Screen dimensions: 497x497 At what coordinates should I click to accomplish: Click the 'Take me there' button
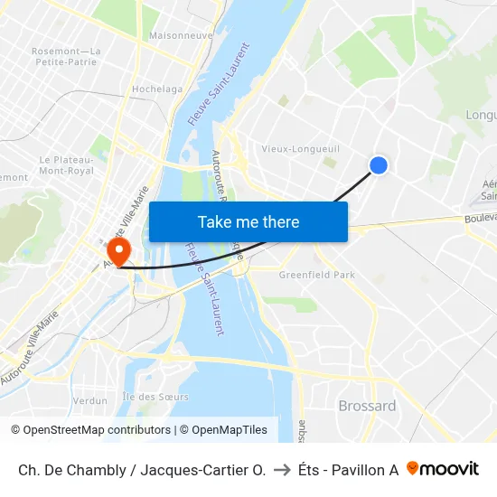248,221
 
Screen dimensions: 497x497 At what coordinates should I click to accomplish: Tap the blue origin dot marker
379,164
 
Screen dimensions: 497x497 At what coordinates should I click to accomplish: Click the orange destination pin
117,249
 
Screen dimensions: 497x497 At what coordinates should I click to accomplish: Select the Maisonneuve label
181,36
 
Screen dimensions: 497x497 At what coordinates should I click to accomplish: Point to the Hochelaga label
157,89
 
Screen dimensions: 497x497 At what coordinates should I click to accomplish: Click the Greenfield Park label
316,275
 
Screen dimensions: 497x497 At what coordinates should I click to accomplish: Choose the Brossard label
367,406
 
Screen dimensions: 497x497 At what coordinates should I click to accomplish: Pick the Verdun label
89,400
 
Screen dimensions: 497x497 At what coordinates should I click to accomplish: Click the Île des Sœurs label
155,397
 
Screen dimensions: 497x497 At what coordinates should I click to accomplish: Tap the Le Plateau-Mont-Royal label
66,164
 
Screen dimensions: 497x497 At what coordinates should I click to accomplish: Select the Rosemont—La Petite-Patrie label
66,57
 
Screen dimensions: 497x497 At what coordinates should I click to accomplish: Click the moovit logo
443,469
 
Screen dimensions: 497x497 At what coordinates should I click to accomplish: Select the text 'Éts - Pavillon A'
348,470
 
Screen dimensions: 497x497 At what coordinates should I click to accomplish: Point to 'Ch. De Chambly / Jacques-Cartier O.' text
142,470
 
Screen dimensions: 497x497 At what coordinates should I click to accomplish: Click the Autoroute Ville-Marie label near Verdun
31,349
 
